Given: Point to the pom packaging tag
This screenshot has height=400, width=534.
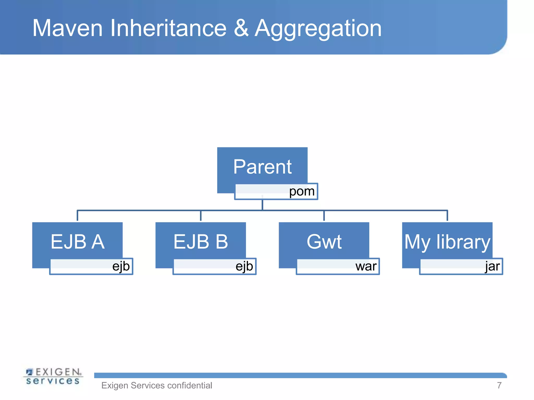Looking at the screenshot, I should (302, 191).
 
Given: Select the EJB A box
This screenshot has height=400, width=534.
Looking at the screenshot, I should (77, 241).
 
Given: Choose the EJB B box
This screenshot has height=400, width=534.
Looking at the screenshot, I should (201, 241).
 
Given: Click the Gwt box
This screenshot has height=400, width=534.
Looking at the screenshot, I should (324, 241).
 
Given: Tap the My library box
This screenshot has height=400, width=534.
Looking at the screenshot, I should (447, 241).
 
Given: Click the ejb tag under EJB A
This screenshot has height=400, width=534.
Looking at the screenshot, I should (121, 266).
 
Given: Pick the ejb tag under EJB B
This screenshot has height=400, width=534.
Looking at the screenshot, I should (244, 266).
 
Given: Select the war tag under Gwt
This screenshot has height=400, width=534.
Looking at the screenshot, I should (366, 266).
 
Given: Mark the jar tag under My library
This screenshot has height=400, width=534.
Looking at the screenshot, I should (492, 266).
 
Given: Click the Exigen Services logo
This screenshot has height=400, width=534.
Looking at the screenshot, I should (53, 376).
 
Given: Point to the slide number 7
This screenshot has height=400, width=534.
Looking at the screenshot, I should (499, 385).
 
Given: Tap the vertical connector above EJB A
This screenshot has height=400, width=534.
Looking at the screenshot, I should (77, 216).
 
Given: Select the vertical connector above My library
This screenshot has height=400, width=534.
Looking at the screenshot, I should (447, 216).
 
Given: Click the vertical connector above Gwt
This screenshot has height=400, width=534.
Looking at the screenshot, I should (324, 216).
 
